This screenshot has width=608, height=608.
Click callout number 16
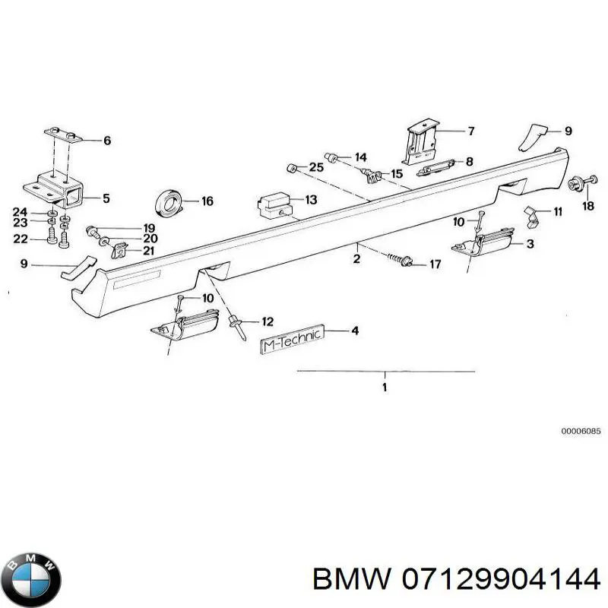pyautogui.click(x=207, y=201)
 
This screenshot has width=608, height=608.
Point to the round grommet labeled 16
pyautogui.click(x=170, y=202)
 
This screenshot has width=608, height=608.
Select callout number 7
pyautogui.click(x=470, y=131)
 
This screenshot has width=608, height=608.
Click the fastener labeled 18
pyautogui.click(x=575, y=182)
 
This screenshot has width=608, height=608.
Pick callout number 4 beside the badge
pyautogui.click(x=354, y=331)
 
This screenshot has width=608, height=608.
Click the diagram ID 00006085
pyautogui.click(x=581, y=431)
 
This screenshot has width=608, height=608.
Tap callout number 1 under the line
pyautogui.click(x=385, y=388)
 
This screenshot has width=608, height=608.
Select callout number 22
pyautogui.click(x=21, y=239)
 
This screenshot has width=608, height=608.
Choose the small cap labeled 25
pyautogui.click(x=290, y=167)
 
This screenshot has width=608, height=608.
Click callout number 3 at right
pyautogui.click(x=530, y=243)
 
